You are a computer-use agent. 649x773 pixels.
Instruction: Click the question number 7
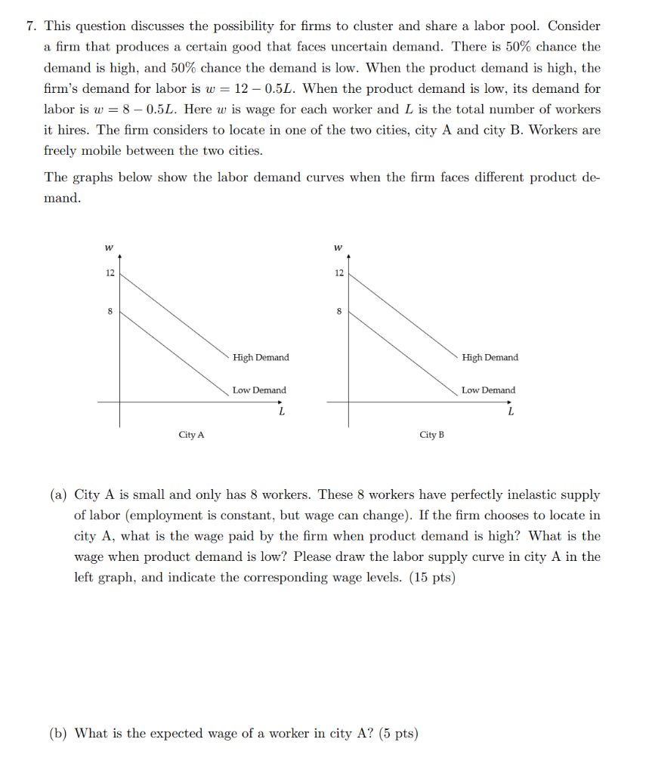coord(29,26)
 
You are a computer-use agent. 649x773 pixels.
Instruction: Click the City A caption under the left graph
coord(191,435)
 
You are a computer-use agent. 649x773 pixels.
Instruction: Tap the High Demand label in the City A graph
coord(261,357)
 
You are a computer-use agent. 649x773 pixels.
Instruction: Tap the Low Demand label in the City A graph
coord(259,390)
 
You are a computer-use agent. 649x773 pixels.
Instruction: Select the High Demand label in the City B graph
coord(490,357)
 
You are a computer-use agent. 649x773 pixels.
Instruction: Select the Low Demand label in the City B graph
coord(489,390)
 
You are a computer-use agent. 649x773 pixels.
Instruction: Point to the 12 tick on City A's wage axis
coord(110,273)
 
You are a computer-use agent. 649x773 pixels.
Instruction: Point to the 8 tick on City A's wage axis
coord(110,310)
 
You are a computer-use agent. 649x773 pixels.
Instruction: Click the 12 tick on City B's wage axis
coord(339,273)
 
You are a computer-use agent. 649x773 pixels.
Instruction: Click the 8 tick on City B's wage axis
coord(339,310)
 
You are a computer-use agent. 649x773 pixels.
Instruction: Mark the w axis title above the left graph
coord(110,246)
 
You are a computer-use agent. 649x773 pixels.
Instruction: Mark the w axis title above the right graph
coord(338,246)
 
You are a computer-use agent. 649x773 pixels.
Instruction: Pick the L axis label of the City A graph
coord(282,412)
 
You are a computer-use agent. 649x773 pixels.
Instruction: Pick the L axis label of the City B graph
coord(511,412)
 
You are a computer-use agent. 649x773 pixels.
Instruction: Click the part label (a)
coord(59,495)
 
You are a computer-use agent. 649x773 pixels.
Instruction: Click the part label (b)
coord(59,733)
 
